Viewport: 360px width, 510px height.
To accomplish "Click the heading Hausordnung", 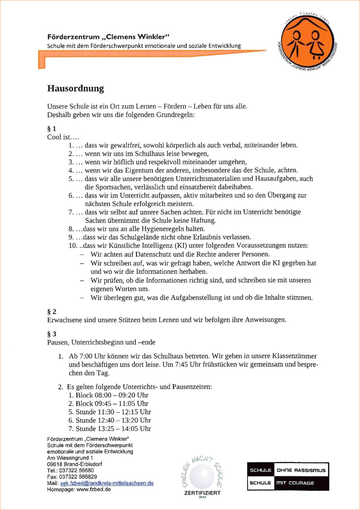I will coord(75,88).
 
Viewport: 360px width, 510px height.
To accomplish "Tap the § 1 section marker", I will coord(52,129).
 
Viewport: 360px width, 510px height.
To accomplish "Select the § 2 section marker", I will coord(52,311).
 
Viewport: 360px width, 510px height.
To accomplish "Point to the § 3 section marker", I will coord(52,334).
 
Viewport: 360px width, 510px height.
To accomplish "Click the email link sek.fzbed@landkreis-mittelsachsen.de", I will coord(107,483).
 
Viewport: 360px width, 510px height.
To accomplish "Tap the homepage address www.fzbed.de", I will coord(94,489).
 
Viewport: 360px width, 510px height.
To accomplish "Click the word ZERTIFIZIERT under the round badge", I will coord(202,493).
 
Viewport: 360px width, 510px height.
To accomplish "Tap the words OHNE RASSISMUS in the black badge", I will coord(301,470).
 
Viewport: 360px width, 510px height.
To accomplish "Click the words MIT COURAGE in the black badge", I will coord(295,483).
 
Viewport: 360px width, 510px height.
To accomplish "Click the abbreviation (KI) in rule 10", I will coord(181,246).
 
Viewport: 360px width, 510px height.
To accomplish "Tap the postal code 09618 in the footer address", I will coord(55,464).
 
